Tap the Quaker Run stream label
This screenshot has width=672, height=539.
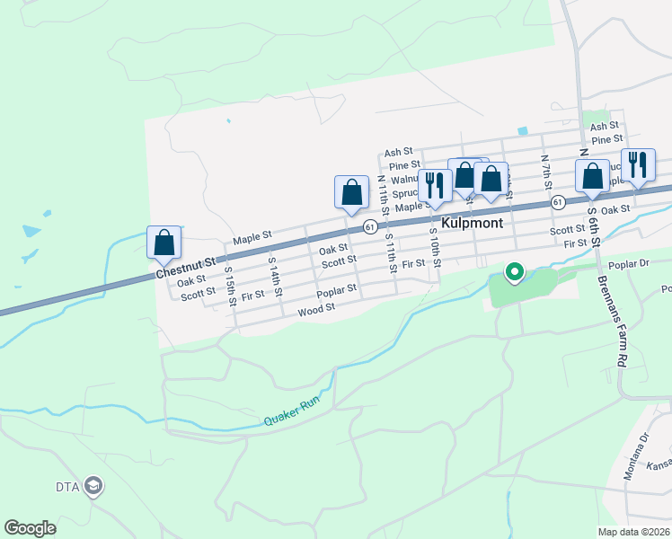[x=291, y=413]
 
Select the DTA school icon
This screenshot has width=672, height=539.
[x=93, y=487]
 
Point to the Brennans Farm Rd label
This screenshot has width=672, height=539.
[x=610, y=319]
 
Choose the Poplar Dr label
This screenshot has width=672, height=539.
[x=628, y=265]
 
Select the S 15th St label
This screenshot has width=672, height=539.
[x=230, y=284]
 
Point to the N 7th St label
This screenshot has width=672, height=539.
[x=544, y=172]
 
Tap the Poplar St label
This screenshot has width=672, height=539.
[x=337, y=290]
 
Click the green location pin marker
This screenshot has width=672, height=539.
[x=515, y=271]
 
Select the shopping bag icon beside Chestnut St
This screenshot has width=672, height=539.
[x=164, y=242]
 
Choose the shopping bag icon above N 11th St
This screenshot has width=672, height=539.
[x=351, y=191]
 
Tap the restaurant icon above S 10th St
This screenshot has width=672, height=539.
[x=435, y=185]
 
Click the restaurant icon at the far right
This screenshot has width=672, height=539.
[x=638, y=164]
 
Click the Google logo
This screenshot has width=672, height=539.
[x=31, y=528]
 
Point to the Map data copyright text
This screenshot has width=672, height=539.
[x=632, y=532]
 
